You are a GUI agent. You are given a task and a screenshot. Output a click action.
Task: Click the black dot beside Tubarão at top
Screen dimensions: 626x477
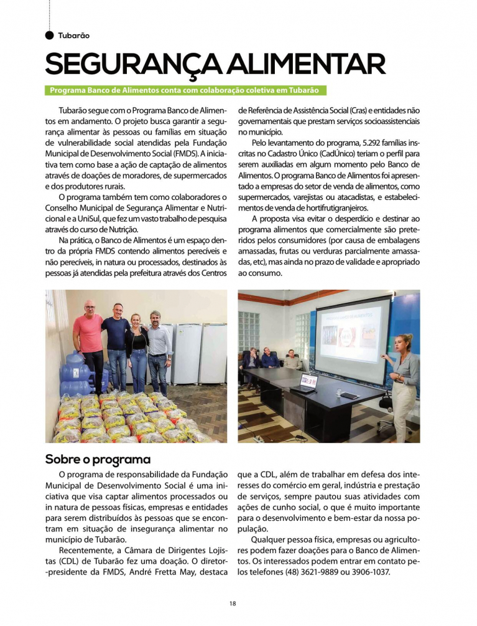click(50, 35)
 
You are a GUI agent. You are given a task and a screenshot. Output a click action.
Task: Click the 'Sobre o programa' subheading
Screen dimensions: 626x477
click(98, 460)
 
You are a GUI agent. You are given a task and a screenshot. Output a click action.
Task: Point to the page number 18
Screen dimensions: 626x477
click(232, 603)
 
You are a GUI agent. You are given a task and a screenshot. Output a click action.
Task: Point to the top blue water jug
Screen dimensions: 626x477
click(75, 361)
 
